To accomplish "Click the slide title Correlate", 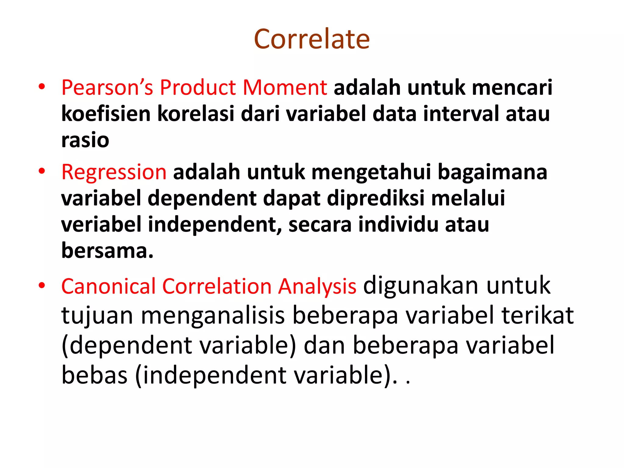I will pyautogui.click(x=312, y=39).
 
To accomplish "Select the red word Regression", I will pyautogui.click(x=114, y=172).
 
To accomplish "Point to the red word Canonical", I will pyautogui.click(x=108, y=286).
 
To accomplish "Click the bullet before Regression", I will pyautogui.click(x=42, y=172).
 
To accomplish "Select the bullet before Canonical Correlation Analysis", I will pyautogui.click(x=42, y=286).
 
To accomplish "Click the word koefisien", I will pyautogui.click(x=106, y=114).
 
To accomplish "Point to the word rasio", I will pyautogui.click(x=85, y=140).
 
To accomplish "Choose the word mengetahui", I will pyautogui.click(x=371, y=172).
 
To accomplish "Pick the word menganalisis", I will pyautogui.click(x=213, y=315).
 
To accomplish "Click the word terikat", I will pyautogui.click(x=537, y=315).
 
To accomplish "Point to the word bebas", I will pyautogui.click(x=94, y=375).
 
